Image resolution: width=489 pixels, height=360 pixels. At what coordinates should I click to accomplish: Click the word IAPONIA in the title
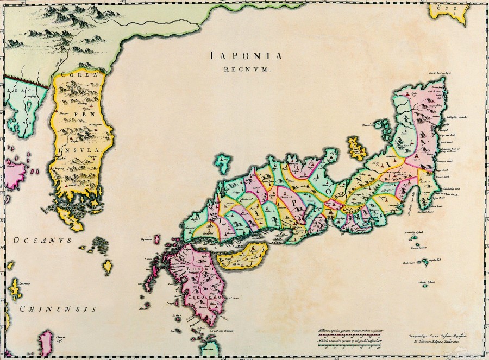click(246, 56)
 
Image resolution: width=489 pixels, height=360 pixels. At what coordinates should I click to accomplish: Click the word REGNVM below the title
click(246, 69)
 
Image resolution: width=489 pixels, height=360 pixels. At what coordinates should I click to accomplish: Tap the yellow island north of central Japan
click(357, 148)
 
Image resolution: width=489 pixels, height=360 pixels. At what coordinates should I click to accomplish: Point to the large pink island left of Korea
click(15, 173)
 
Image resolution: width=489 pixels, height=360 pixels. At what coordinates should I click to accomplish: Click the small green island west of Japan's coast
click(222, 162)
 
